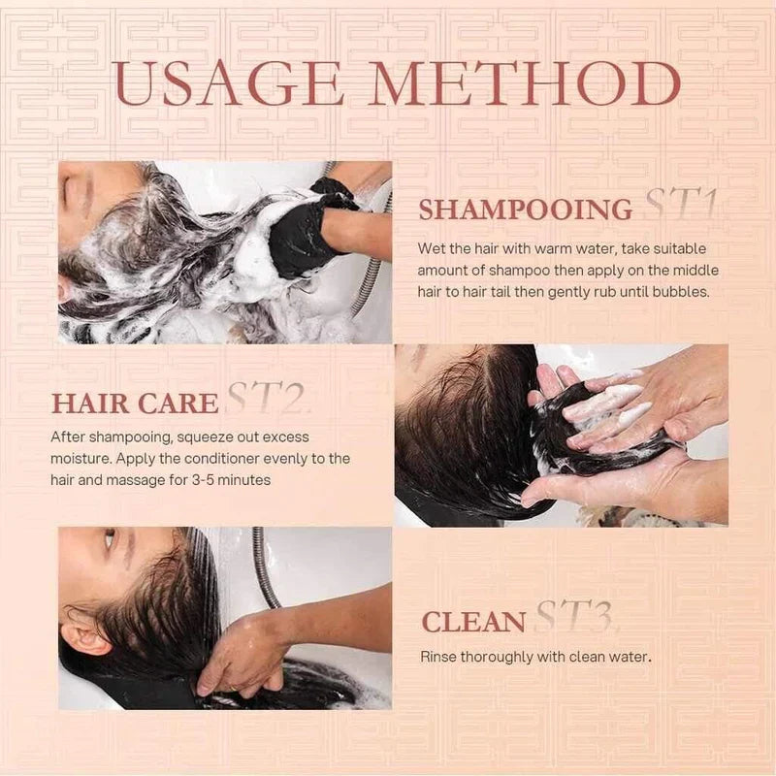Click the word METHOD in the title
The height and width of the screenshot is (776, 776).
coord(530,85)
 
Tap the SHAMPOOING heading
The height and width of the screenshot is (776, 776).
coord(525,210)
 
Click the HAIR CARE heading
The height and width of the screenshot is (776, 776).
coord(135,404)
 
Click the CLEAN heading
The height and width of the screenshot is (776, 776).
coord(473,622)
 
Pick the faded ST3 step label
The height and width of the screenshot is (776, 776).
coord(574,618)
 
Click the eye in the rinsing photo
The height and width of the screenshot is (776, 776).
coord(110,539)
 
